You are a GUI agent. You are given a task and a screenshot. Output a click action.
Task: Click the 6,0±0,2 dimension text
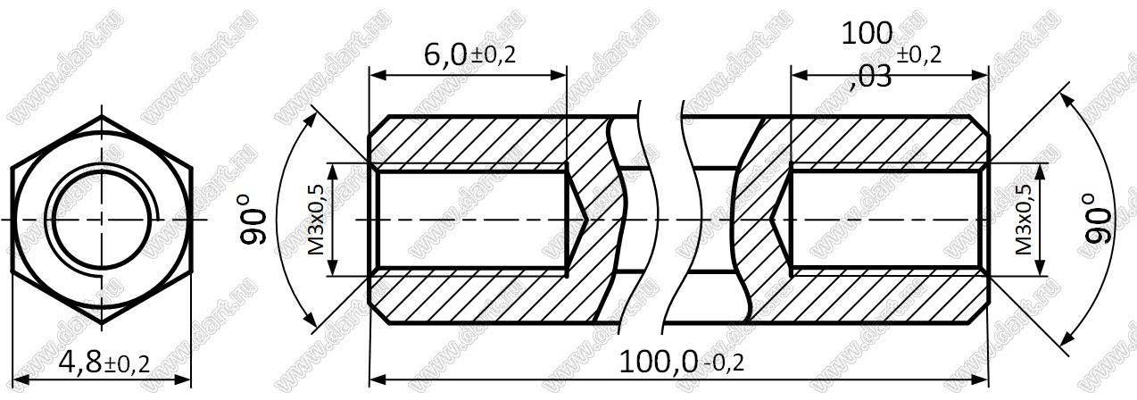point(469,54)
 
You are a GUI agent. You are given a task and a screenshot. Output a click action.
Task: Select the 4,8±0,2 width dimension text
point(104,362)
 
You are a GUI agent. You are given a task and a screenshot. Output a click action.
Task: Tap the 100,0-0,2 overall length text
point(682,362)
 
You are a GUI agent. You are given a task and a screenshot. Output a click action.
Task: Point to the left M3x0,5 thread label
point(316,220)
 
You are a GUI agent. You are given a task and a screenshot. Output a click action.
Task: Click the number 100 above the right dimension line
point(867,34)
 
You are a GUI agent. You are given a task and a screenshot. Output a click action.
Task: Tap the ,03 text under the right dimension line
point(870,78)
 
